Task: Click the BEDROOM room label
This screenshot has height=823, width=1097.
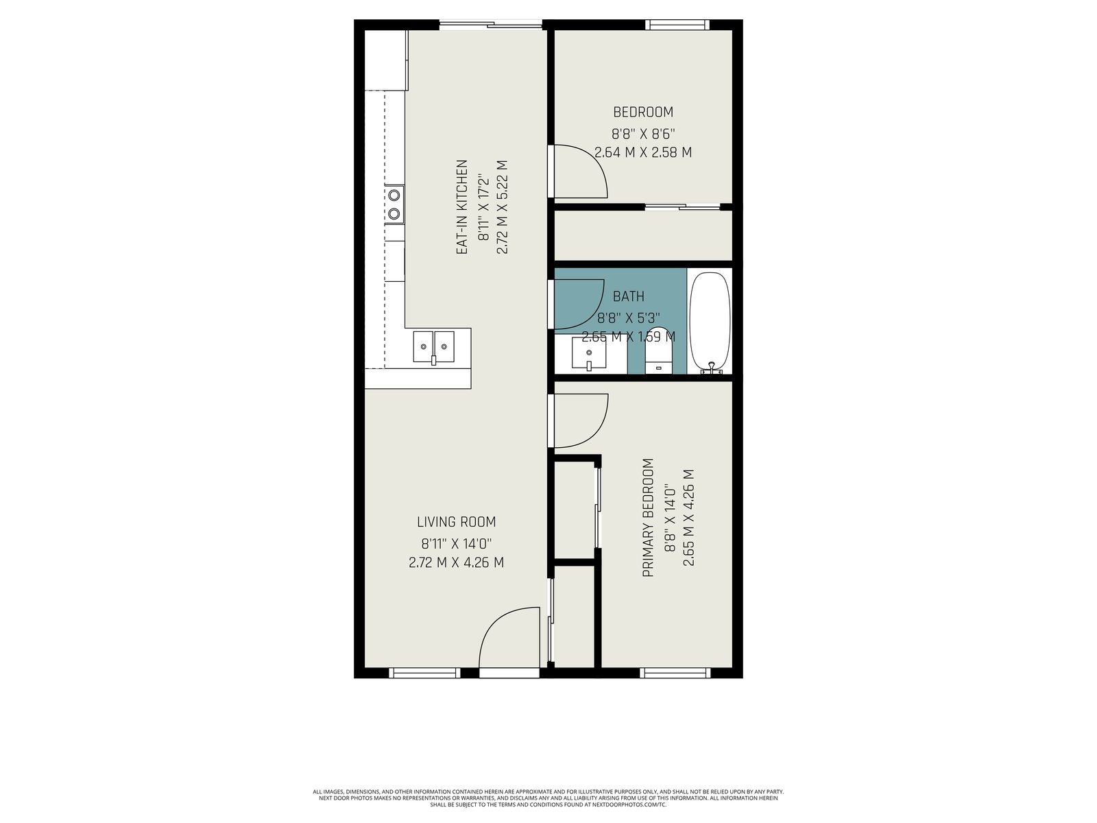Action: click(x=643, y=112)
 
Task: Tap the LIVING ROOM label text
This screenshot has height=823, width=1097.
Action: click(x=457, y=522)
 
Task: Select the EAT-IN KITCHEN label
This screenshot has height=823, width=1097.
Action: click(x=462, y=207)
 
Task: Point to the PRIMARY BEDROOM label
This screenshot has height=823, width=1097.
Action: click(x=648, y=518)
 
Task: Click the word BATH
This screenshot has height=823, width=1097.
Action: click(x=628, y=296)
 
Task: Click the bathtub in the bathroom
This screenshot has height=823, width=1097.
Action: click(x=710, y=323)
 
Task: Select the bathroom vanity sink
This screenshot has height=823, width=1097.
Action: click(x=589, y=353)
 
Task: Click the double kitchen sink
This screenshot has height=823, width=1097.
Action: click(x=434, y=347)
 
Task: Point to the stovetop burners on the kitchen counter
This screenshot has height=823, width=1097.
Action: click(x=394, y=204)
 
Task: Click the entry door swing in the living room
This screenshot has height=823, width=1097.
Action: click(x=509, y=637)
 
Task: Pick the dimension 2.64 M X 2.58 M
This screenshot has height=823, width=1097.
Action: click(x=643, y=152)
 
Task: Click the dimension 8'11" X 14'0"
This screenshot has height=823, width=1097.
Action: click(x=457, y=542)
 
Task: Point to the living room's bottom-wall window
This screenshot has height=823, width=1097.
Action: click(x=424, y=673)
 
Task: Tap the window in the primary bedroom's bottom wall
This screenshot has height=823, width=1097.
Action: click(x=675, y=673)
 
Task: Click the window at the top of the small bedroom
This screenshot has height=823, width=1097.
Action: click(x=677, y=25)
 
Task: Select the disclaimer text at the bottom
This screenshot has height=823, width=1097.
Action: click(x=548, y=798)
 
